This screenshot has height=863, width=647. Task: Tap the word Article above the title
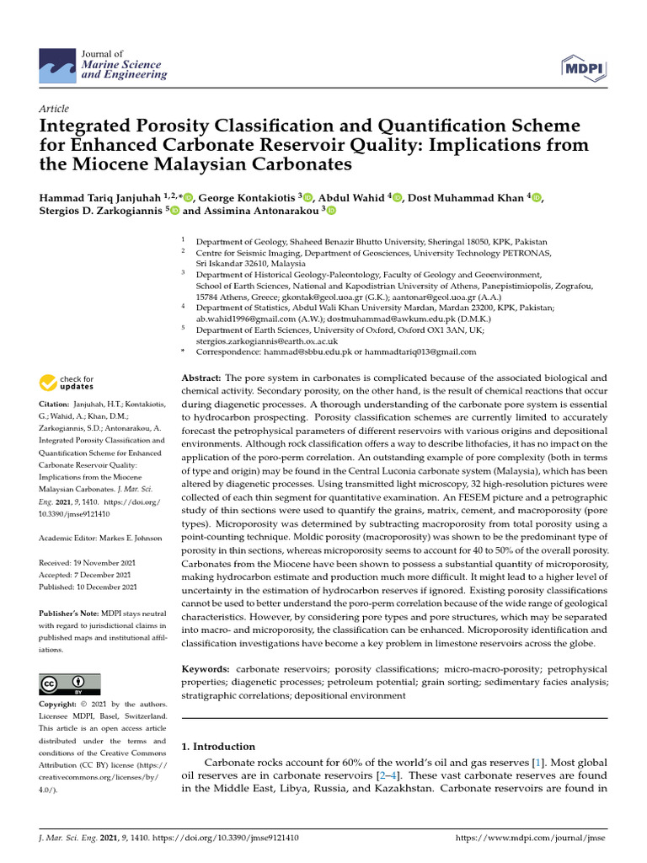[55, 109]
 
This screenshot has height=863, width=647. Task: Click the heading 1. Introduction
[218, 746]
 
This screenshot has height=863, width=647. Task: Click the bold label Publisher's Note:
[68, 614]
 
